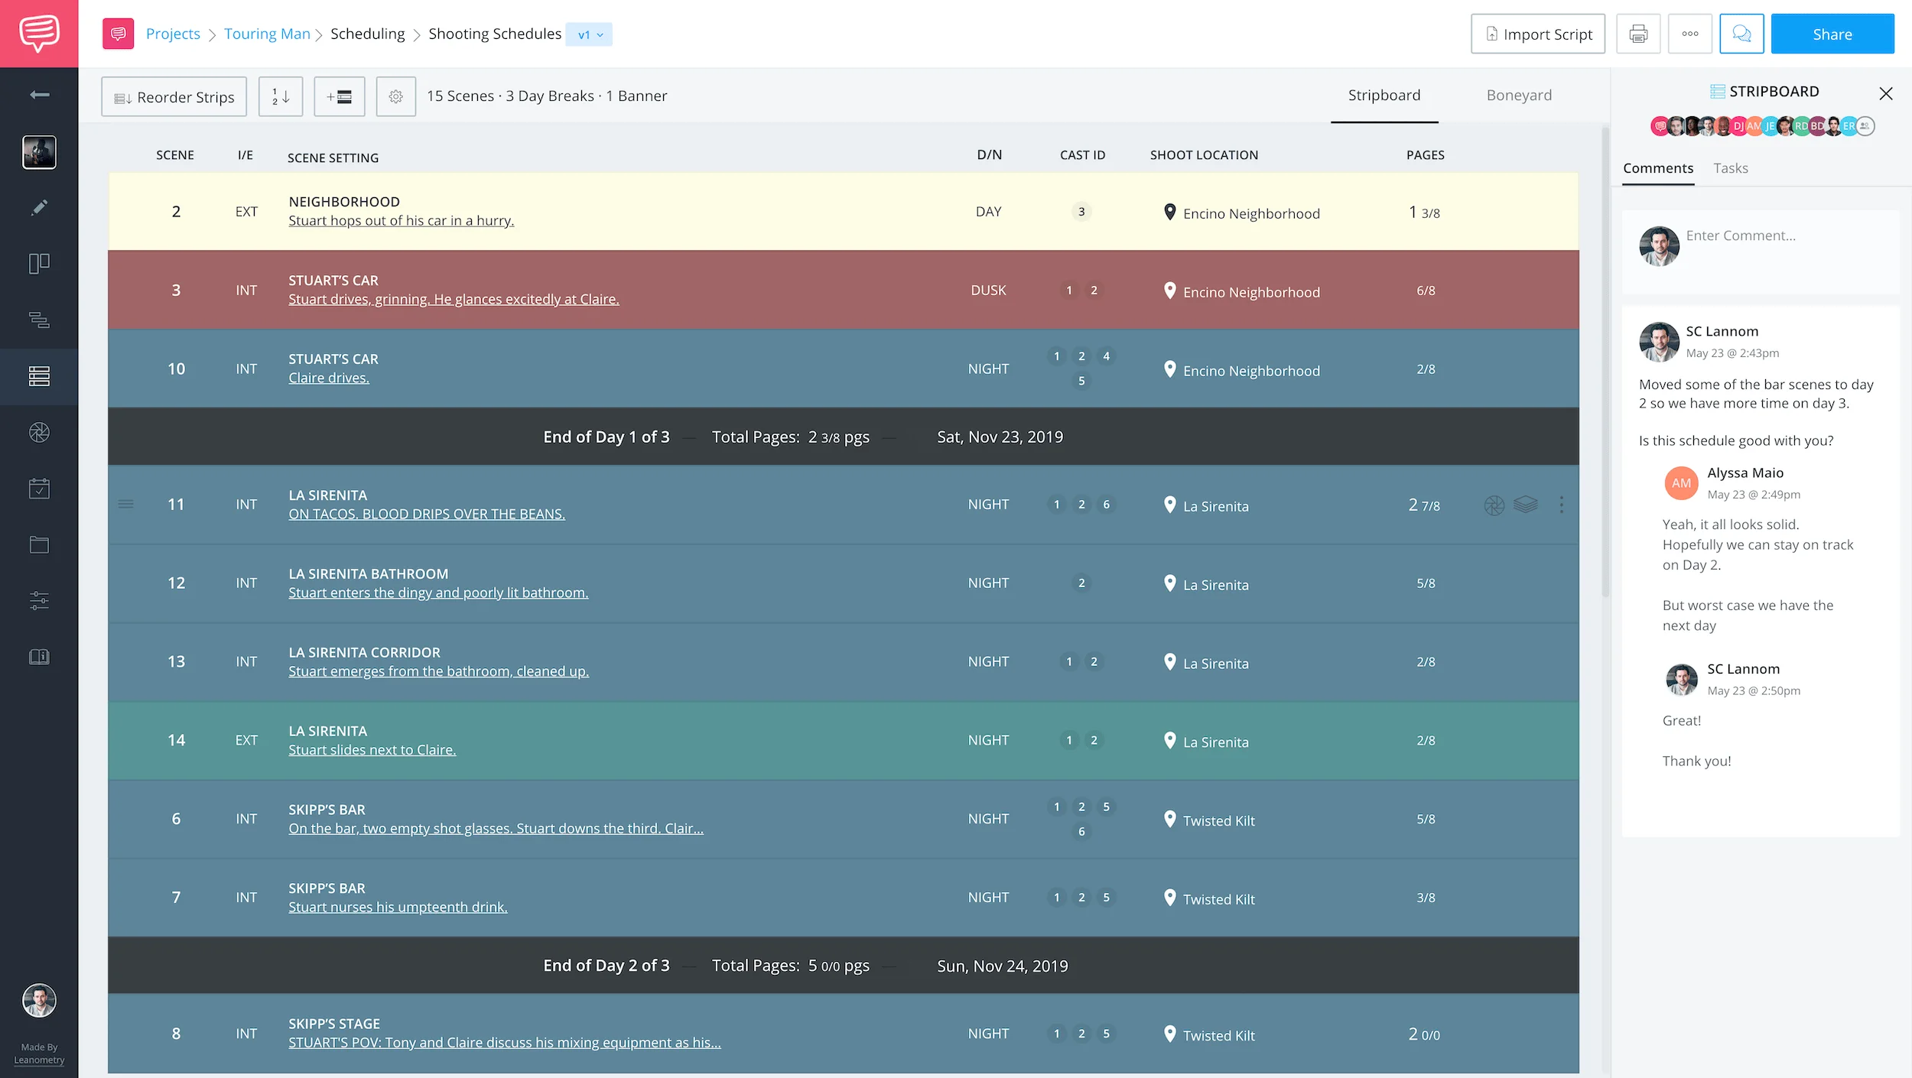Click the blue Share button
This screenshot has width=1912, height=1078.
click(1832, 34)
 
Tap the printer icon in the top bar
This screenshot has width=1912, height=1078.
click(1638, 34)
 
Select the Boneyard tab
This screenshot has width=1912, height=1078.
click(1519, 96)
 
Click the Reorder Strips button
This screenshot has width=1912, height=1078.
click(174, 97)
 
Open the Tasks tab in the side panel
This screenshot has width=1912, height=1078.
click(1731, 168)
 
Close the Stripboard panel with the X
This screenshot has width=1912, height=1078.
click(1886, 93)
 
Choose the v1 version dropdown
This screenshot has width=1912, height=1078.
click(590, 35)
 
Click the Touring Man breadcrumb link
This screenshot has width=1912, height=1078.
click(267, 34)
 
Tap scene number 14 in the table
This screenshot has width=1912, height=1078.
click(176, 740)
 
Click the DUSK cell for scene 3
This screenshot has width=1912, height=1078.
click(988, 291)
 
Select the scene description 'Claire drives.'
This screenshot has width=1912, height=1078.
click(329, 378)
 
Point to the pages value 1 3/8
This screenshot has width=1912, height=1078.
click(1425, 213)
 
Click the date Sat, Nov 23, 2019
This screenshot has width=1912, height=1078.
click(1000, 437)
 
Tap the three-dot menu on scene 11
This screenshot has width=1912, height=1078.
click(1561, 505)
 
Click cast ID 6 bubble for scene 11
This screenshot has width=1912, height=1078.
click(1106, 505)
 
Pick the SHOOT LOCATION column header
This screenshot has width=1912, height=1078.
click(1204, 155)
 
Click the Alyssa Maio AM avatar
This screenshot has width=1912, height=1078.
click(1681, 483)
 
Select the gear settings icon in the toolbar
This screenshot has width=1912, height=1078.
click(395, 97)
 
